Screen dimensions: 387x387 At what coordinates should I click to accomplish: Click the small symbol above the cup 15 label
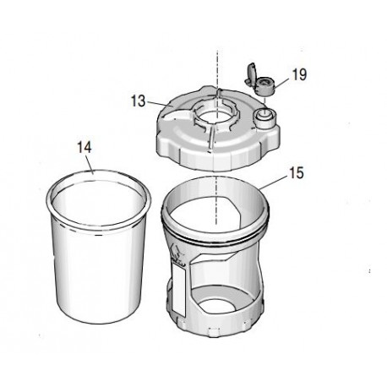(x=174, y=251)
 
